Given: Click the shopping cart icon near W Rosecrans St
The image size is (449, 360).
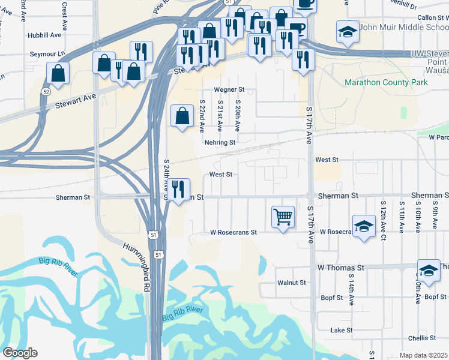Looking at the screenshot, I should (x=283, y=216).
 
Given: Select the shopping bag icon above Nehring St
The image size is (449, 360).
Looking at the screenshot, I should (x=182, y=115).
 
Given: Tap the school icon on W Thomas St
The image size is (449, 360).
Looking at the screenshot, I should (x=429, y=270).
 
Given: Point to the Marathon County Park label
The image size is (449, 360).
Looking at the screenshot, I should (x=386, y=82).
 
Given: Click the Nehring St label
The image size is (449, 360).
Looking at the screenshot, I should (x=219, y=143).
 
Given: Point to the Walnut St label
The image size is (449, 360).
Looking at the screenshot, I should (x=292, y=283).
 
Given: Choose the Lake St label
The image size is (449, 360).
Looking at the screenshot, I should (x=340, y=330).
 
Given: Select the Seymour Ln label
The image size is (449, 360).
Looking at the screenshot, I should (x=48, y=54).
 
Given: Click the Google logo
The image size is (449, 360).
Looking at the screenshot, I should (x=20, y=353).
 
